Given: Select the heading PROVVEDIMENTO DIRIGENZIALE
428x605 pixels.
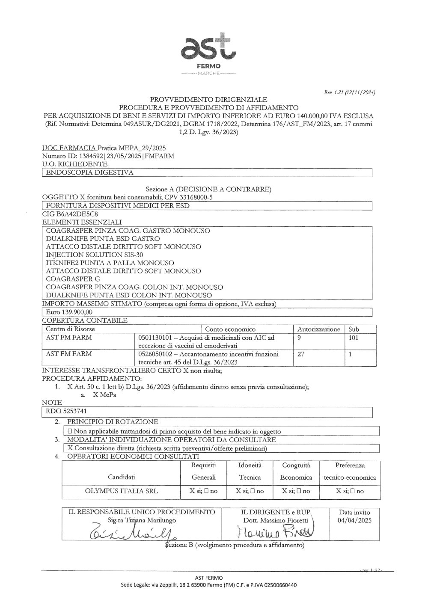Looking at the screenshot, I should [208, 99].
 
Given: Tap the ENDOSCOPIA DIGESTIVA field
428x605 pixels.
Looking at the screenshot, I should [90, 172].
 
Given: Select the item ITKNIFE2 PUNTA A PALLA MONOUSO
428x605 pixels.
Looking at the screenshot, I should [110, 263].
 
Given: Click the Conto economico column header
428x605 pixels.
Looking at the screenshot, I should [230, 329].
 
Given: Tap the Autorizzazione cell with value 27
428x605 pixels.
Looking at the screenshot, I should [301, 354].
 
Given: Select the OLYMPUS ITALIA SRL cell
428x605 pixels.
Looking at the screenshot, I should [121, 491].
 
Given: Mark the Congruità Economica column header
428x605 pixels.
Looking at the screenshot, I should [296, 471].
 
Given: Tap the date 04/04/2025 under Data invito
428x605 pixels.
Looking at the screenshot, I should [354, 520].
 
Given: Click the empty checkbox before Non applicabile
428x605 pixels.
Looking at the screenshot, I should [69, 431].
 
